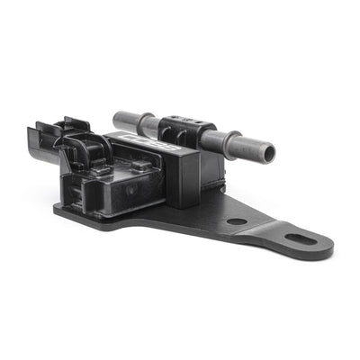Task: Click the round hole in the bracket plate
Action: pos(237,220)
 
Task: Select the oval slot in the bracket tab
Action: pos(301,239)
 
